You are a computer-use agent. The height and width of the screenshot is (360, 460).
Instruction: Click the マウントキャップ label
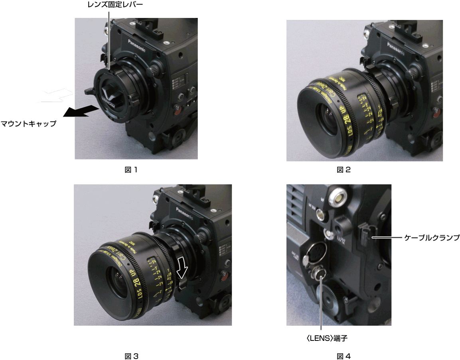(28, 124)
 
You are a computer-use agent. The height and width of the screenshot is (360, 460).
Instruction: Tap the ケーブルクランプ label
(432, 238)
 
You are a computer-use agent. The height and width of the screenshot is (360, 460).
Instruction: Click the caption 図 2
(344, 170)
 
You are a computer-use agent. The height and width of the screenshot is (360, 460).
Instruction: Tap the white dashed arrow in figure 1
(54, 96)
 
